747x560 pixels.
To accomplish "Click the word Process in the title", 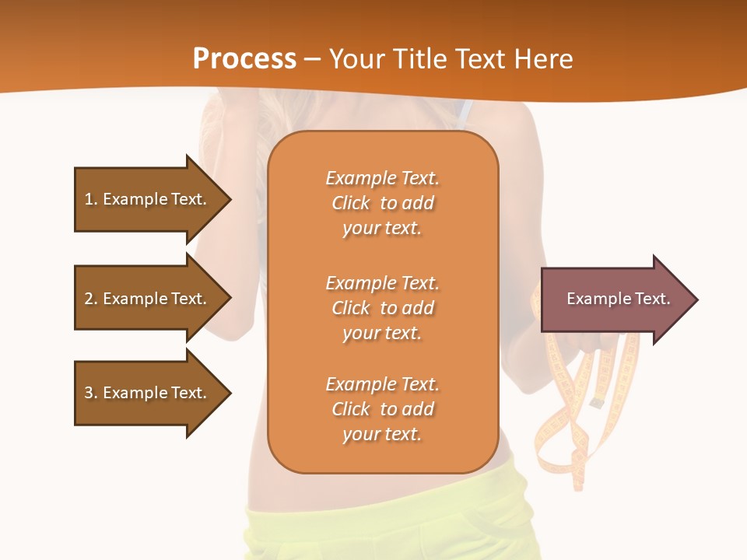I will tap(244, 58).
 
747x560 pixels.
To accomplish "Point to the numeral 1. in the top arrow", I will tap(91, 199).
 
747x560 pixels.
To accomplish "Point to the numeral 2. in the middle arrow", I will tap(91, 299).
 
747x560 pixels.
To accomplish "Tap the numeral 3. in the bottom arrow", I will tap(91, 393).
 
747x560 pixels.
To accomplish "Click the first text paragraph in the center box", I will tap(382, 203).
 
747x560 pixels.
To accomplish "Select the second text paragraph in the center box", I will tap(382, 308).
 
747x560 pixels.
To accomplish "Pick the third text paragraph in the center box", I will tap(382, 409).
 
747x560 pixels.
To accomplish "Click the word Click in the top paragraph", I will tap(351, 203).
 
